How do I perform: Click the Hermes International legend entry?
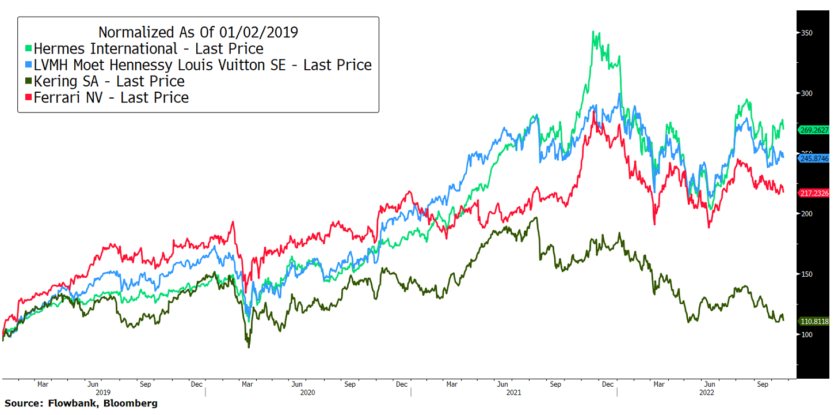(x=148, y=48)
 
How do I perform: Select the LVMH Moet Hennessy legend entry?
(x=202, y=65)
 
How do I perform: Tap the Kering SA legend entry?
(x=109, y=81)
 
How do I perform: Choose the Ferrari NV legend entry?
(x=111, y=98)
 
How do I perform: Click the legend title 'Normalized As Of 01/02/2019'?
(x=198, y=32)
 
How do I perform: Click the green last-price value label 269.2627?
(x=814, y=130)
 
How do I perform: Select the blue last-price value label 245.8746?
(x=814, y=158)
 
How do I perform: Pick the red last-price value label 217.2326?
(x=814, y=193)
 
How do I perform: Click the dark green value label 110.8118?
(x=814, y=321)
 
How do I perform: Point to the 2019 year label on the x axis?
(x=104, y=393)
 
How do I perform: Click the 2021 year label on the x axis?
(x=513, y=393)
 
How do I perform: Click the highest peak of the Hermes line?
(x=593, y=32)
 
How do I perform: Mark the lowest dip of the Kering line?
(x=249, y=347)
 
